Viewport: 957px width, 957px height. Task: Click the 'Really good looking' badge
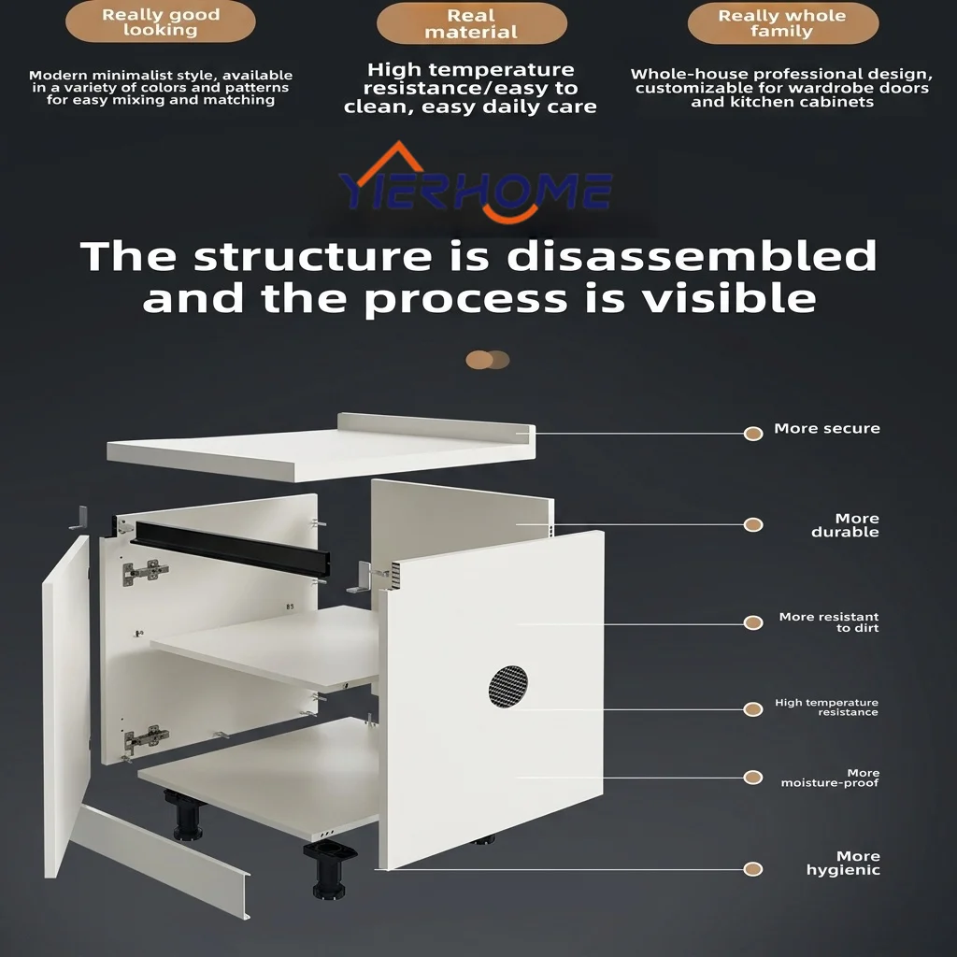(161, 22)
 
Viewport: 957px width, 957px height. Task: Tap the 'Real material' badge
(471, 23)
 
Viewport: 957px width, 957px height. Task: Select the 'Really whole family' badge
(782, 23)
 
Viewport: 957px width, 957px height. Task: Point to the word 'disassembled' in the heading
(692, 256)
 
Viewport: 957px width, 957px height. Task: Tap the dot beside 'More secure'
(753, 434)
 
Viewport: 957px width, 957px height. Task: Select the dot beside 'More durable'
(753, 525)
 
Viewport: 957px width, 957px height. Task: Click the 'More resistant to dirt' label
(829, 621)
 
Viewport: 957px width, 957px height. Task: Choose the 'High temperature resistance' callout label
(826, 707)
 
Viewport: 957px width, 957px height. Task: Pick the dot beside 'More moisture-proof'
(753, 777)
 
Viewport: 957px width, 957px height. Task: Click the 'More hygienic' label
(843, 863)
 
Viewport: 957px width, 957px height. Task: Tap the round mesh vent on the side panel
(508, 687)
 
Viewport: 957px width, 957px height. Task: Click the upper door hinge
(145, 572)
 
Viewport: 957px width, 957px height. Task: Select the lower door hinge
(146, 738)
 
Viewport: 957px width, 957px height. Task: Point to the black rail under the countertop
(233, 549)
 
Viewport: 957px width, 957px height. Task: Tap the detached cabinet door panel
(66, 707)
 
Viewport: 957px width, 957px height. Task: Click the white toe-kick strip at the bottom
(160, 861)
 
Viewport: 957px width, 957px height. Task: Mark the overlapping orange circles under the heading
(487, 360)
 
